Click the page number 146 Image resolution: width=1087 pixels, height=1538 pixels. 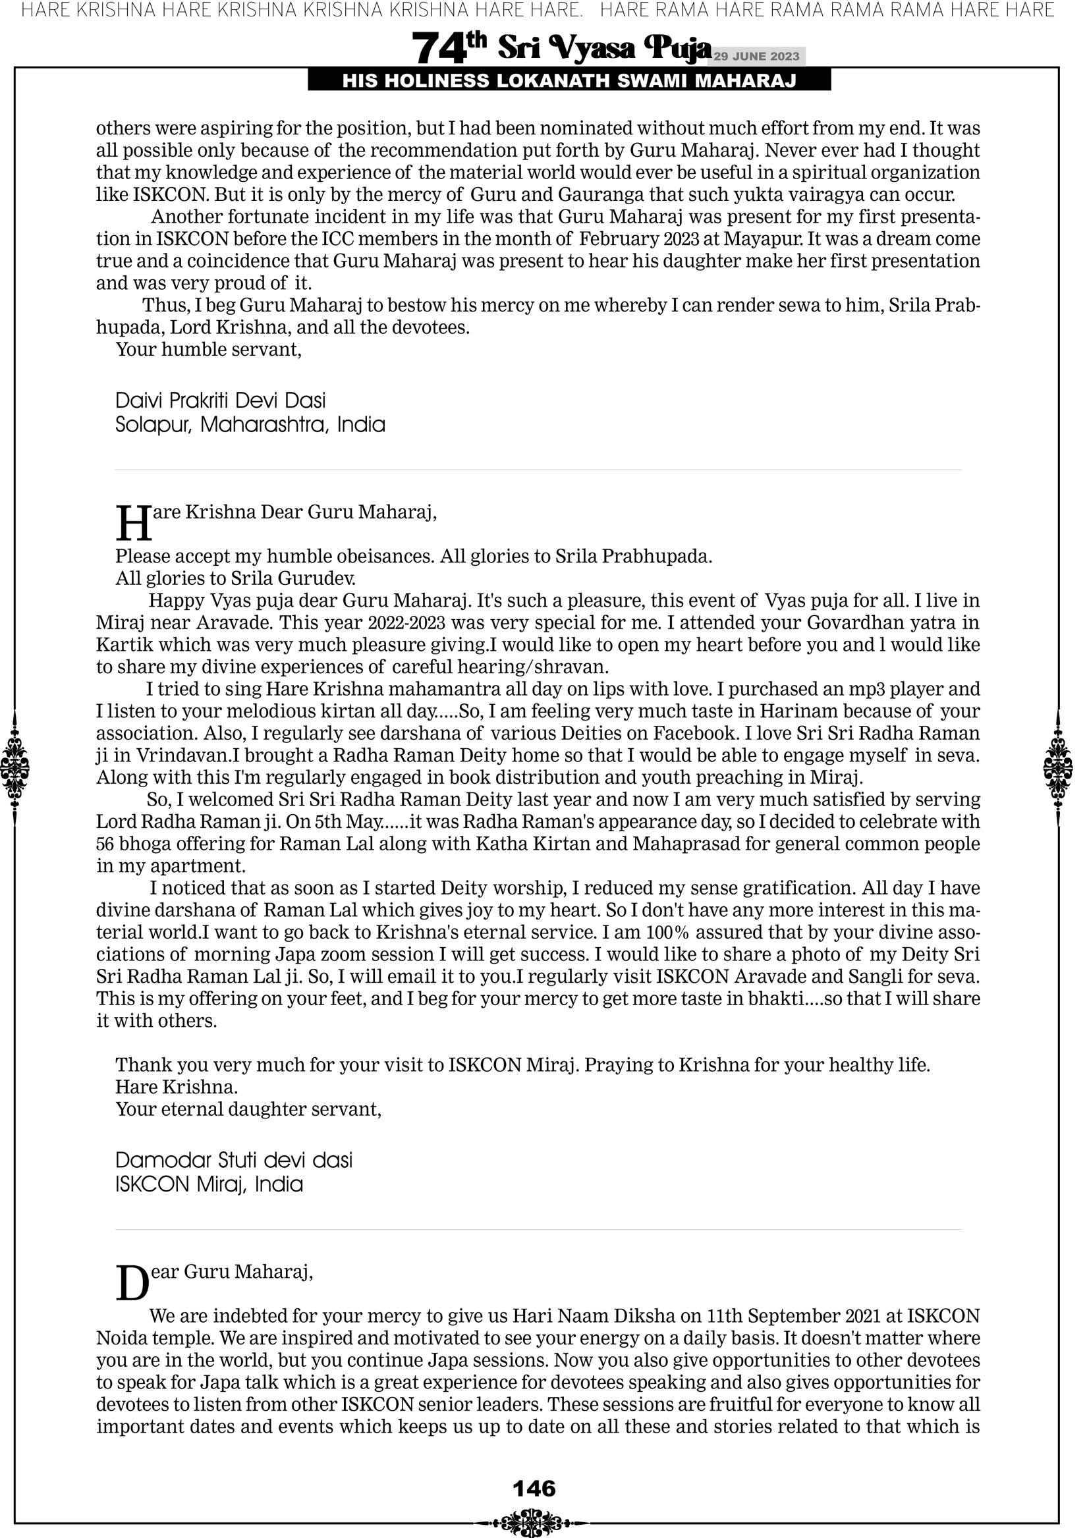(x=534, y=1488)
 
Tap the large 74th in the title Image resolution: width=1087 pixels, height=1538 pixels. (x=449, y=47)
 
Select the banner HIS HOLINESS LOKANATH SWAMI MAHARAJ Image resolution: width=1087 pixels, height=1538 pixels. (x=569, y=81)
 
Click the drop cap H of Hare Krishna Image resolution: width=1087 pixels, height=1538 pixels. (x=134, y=523)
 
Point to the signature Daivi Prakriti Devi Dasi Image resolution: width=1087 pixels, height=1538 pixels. (x=221, y=400)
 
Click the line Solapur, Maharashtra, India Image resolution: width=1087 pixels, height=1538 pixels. (x=250, y=425)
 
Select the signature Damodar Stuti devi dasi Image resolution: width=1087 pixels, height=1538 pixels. (x=234, y=1159)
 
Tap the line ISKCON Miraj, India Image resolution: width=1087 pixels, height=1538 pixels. (x=209, y=1184)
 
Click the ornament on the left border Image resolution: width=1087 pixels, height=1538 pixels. (x=14, y=768)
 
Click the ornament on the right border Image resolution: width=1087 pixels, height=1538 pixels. (x=1058, y=768)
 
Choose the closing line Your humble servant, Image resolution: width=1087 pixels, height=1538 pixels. (x=208, y=350)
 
